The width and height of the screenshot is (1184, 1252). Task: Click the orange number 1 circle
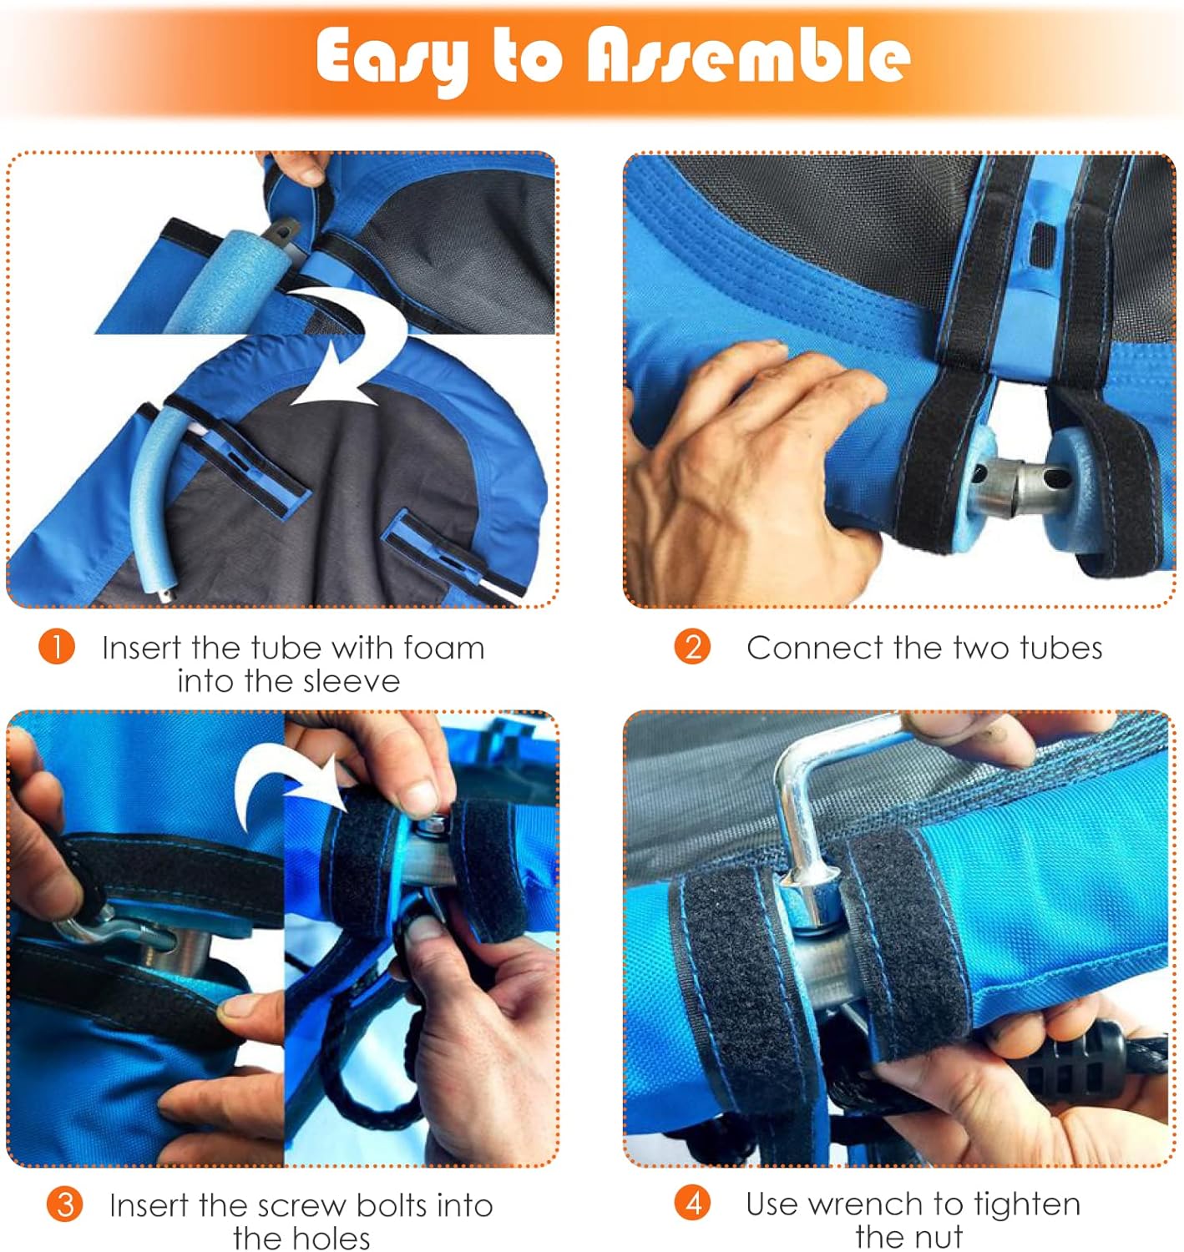click(x=57, y=647)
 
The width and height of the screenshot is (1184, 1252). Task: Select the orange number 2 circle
click(x=692, y=647)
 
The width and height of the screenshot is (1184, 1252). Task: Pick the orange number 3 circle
click(x=64, y=1204)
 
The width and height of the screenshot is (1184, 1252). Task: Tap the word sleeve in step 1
click(x=352, y=681)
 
